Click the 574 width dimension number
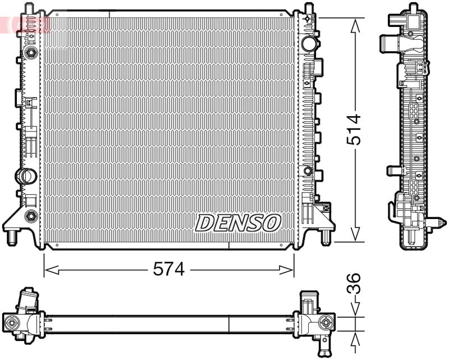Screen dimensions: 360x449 click(169, 270)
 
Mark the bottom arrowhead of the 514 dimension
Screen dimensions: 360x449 click(355, 236)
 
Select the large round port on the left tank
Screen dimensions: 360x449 click(26, 175)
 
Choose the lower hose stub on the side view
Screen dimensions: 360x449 click(391, 171)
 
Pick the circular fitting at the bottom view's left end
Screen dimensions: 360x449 click(12, 322)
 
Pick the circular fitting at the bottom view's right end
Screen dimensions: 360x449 click(326, 322)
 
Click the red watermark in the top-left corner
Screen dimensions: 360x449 click(25, 24)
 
